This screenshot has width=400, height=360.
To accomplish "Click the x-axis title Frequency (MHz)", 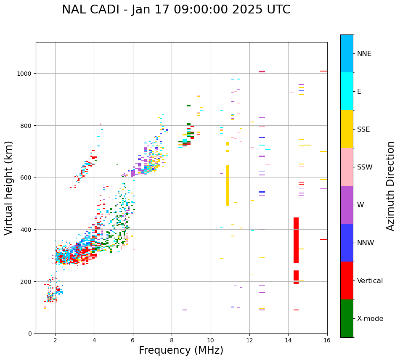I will pos(181,350).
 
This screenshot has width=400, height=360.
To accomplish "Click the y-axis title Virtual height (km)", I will pos(9,188).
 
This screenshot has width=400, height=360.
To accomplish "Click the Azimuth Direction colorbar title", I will pos(391,186).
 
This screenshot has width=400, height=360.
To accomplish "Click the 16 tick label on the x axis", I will pos(327,341).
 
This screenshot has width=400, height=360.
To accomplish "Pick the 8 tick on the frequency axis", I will pos(172,341).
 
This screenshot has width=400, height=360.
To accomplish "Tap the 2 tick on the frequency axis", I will pos(55,341).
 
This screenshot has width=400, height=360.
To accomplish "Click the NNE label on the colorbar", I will pos(364,54).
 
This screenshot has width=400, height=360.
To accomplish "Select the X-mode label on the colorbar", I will pos(370,319).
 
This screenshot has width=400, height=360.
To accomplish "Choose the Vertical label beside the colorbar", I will pos(370,281).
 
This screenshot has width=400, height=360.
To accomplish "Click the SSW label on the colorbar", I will pos(365,167).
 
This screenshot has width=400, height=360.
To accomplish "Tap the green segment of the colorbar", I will pos(347,318).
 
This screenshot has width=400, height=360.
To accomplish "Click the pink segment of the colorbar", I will pos(347,167).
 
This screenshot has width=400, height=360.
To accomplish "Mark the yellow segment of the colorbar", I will pos(347,129).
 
